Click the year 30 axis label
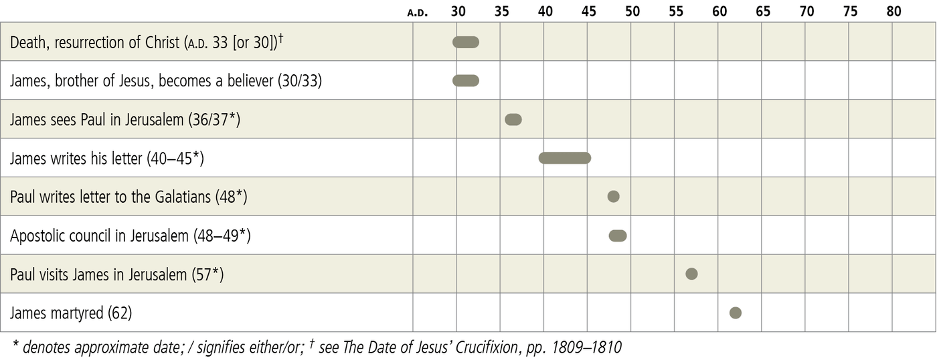(458, 11)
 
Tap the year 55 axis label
(676, 11)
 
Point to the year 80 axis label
(893, 11)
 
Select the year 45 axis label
(589, 11)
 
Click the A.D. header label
(418, 13)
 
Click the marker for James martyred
(736, 312)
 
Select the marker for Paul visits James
(692, 274)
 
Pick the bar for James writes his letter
(565, 158)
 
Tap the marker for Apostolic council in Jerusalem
(618, 236)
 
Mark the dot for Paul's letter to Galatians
(613, 197)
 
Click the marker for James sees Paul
(513, 120)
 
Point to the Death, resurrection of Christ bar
(466, 42)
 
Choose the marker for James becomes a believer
(466, 81)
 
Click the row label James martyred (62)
(70, 313)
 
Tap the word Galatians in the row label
(181, 197)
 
